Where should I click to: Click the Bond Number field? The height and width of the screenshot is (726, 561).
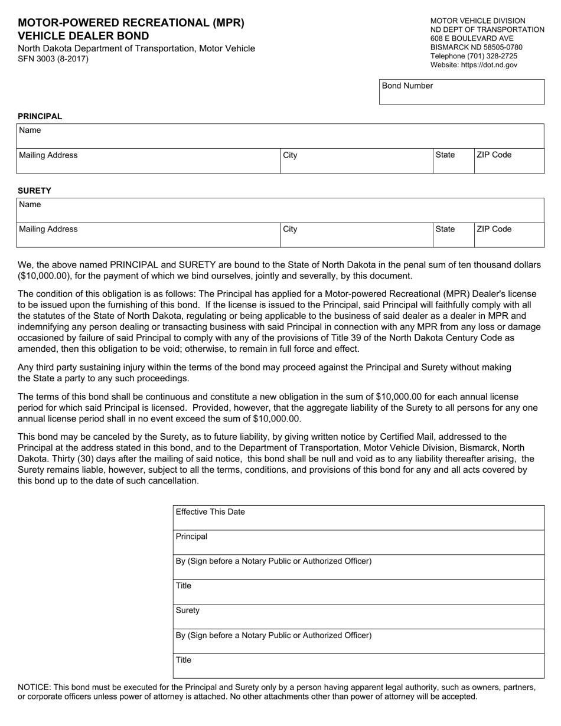pyautogui.click(x=461, y=93)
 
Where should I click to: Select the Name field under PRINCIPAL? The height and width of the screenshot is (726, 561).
pyautogui.click(x=279, y=136)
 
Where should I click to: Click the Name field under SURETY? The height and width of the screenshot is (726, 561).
pyautogui.click(x=279, y=211)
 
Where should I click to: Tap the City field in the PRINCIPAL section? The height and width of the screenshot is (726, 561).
pyautogui.click(x=355, y=161)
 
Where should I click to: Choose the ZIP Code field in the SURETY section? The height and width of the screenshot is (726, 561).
pyautogui.click(x=508, y=236)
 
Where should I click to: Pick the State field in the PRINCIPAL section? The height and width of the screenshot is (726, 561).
pyautogui.click(x=453, y=161)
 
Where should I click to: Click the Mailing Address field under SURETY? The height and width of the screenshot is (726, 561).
pyautogui.click(x=148, y=236)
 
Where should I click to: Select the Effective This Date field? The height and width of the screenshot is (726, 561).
pyautogui.click(x=358, y=518)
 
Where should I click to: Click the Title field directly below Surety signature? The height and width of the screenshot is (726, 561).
pyautogui.click(x=358, y=666)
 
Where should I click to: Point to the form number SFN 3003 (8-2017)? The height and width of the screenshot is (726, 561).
pyautogui.click(x=53, y=58)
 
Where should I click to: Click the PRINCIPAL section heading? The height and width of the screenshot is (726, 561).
pyautogui.click(x=40, y=116)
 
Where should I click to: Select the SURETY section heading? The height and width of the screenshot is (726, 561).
pyautogui.click(x=34, y=191)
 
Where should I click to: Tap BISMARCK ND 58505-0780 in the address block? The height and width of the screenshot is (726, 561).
pyautogui.click(x=477, y=47)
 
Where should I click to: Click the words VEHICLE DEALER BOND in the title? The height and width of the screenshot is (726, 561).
pyautogui.click(x=83, y=35)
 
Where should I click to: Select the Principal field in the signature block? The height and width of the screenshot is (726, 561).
pyautogui.click(x=358, y=542)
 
